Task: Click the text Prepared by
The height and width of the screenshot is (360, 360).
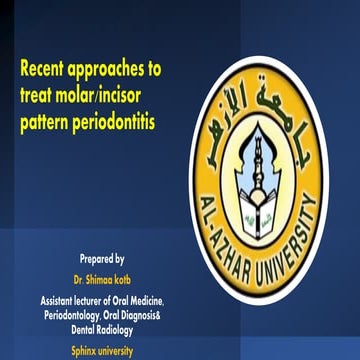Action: coord(102,258)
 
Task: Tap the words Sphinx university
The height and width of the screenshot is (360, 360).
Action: coord(102,351)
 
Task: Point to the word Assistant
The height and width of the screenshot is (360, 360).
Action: coord(62,300)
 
